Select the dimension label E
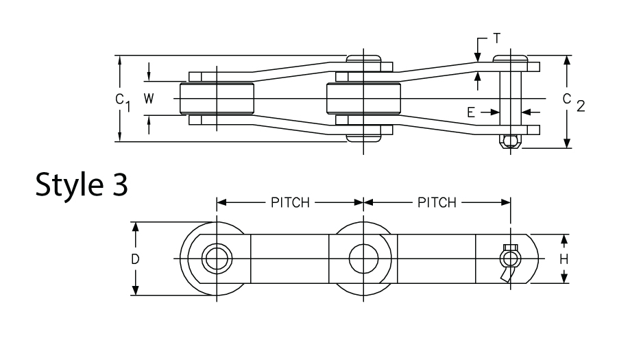(472, 111)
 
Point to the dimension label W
(149, 99)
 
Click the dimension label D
(136, 259)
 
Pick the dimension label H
(564, 259)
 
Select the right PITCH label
(437, 202)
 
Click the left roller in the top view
(217, 99)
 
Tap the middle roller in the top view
(363, 99)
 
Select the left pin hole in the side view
(217, 259)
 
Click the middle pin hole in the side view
(363, 259)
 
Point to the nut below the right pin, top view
(509, 141)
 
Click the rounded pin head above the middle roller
(363, 58)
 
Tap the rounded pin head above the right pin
(509, 58)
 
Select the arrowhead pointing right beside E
(495, 111)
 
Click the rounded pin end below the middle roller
(363, 138)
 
